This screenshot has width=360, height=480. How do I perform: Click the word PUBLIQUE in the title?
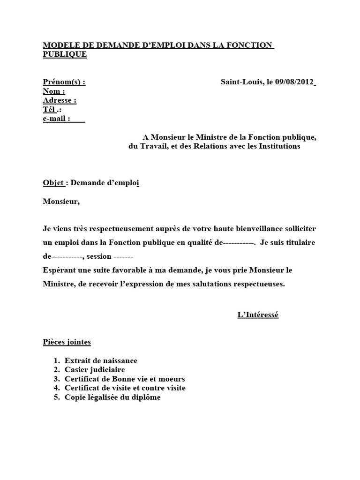click(x=65, y=54)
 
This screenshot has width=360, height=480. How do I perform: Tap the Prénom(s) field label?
click(x=64, y=82)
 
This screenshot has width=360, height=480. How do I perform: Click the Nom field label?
click(x=53, y=91)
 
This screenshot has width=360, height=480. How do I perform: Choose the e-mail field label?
click(x=56, y=119)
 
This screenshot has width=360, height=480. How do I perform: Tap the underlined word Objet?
click(x=53, y=183)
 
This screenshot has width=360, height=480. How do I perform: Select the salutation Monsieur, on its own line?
click(x=61, y=202)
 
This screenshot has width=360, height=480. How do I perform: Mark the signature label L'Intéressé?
click(x=258, y=315)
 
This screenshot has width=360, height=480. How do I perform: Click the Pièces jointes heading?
click(x=67, y=342)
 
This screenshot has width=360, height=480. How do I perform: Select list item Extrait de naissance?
click(x=101, y=360)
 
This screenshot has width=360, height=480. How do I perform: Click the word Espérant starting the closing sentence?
click(x=59, y=270)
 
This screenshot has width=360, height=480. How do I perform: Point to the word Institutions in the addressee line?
click(x=277, y=146)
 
